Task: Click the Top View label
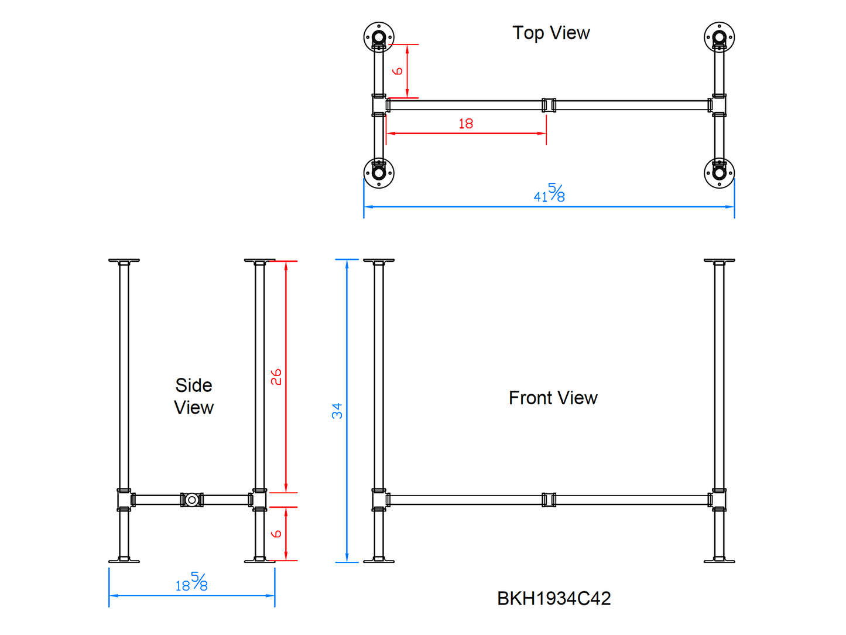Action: pos(551,33)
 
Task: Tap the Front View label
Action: pos(553,398)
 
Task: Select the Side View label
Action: pos(194,397)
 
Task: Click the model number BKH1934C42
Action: pos(554,599)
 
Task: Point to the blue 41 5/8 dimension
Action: pos(549,194)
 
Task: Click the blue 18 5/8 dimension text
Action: pos(191,583)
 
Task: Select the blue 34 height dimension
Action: pos(337,411)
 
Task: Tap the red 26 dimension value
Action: pos(276,377)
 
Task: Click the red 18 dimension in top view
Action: pos(466,124)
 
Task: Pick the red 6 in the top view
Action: pos(398,71)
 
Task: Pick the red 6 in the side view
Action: pos(276,534)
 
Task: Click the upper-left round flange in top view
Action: pos(379,37)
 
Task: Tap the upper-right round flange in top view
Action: pos(719,37)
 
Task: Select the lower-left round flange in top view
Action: pos(379,173)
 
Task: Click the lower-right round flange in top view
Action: pos(719,173)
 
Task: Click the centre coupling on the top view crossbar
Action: pos(549,105)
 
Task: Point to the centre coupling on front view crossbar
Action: pos(549,500)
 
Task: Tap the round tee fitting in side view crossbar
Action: pos(191,500)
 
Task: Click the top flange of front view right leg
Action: pos(719,261)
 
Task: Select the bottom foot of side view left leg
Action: pos(124,561)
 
